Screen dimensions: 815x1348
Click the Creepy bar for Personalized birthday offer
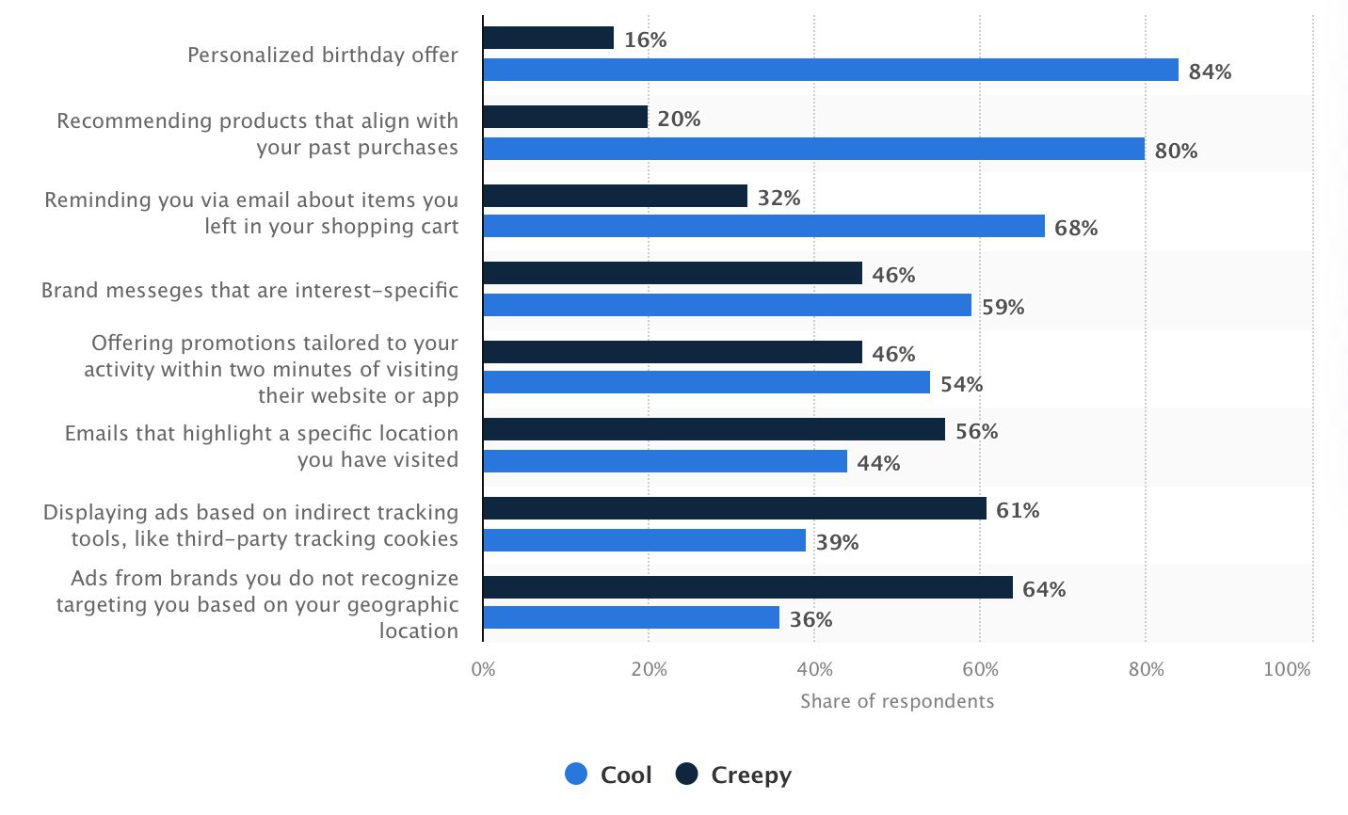point(548,38)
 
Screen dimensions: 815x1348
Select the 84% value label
point(1210,72)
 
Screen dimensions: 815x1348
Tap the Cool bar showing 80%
point(813,149)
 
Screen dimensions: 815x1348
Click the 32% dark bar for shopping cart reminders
point(615,196)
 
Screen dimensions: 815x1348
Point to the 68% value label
point(1076,228)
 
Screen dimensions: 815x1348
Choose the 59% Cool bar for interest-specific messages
point(727,305)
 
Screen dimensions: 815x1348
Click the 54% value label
point(961,384)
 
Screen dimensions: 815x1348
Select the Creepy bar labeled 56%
point(714,429)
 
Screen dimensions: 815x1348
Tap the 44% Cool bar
point(665,461)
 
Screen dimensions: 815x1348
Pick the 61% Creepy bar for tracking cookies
point(734,508)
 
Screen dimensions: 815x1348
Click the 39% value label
point(837,542)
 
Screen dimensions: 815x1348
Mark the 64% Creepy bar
point(747,587)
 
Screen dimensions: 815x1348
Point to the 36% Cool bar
point(631,617)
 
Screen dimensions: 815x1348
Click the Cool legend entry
point(608,775)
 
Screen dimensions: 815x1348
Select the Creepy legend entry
point(734,775)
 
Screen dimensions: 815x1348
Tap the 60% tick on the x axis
point(980,669)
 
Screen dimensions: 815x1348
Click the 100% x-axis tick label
point(1287,669)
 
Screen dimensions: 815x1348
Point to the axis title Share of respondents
point(897,701)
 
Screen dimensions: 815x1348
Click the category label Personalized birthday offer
point(323,55)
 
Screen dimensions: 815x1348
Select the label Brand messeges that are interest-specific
point(249,290)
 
